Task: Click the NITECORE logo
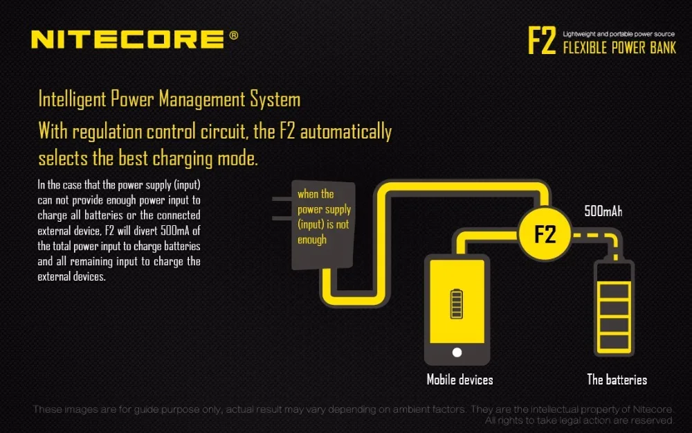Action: click(127, 39)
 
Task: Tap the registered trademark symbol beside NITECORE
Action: click(234, 35)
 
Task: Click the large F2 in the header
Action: click(542, 41)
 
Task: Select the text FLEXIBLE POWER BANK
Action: click(619, 48)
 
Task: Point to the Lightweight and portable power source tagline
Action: click(619, 34)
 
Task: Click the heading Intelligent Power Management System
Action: click(170, 99)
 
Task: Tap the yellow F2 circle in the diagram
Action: click(545, 233)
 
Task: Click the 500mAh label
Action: click(603, 211)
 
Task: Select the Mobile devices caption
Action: click(460, 380)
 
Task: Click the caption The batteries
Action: click(617, 380)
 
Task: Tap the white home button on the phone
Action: click(457, 352)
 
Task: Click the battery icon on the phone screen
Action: click(457, 304)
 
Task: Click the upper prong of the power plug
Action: click(282, 199)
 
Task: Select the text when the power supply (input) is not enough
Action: click(324, 217)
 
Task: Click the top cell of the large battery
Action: click(614, 291)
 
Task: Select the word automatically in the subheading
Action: click(346, 132)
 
